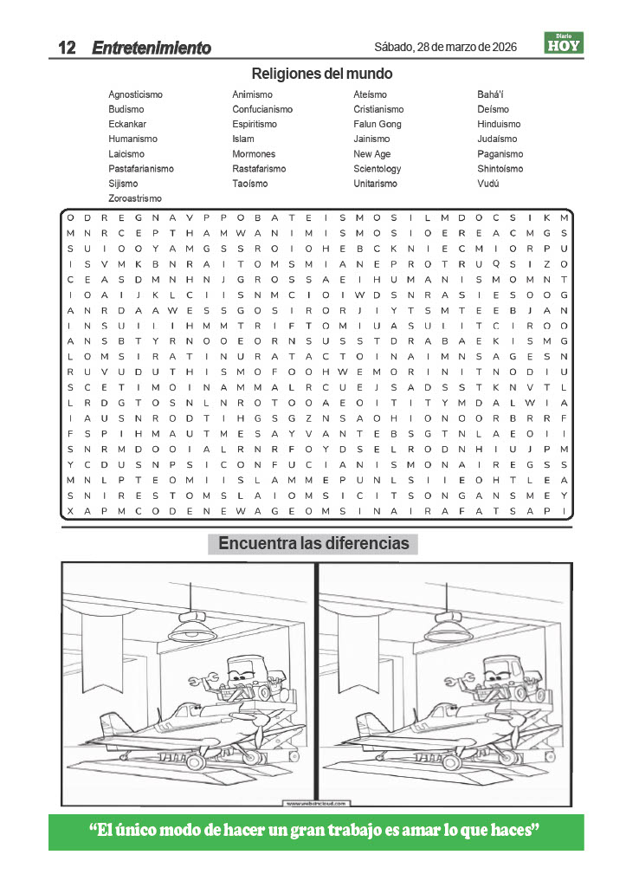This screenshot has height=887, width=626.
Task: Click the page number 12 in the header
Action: (x=68, y=48)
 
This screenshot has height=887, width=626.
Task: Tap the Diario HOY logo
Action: (x=564, y=42)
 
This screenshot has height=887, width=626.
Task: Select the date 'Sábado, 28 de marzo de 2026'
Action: (x=445, y=47)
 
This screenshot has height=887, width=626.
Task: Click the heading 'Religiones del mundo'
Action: (x=321, y=74)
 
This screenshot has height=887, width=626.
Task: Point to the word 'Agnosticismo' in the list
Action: (x=135, y=94)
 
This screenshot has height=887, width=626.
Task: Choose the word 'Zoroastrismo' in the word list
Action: (x=134, y=198)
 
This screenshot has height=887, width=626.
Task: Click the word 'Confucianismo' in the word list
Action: (x=262, y=109)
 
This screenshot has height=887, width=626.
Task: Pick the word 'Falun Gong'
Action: (x=378, y=124)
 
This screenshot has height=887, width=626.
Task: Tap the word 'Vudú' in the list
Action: (x=488, y=184)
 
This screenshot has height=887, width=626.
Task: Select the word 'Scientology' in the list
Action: (x=378, y=169)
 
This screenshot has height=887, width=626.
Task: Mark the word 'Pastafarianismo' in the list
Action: (x=141, y=169)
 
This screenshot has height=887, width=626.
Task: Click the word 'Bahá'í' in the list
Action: (x=490, y=94)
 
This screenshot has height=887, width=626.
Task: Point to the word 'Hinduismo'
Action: (x=499, y=124)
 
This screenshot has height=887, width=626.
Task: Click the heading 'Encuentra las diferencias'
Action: (x=313, y=544)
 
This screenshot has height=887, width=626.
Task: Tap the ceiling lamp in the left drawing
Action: (x=192, y=628)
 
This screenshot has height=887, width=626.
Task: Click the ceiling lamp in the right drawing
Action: (x=448, y=628)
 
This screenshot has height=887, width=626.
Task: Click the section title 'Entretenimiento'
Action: (x=152, y=48)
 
